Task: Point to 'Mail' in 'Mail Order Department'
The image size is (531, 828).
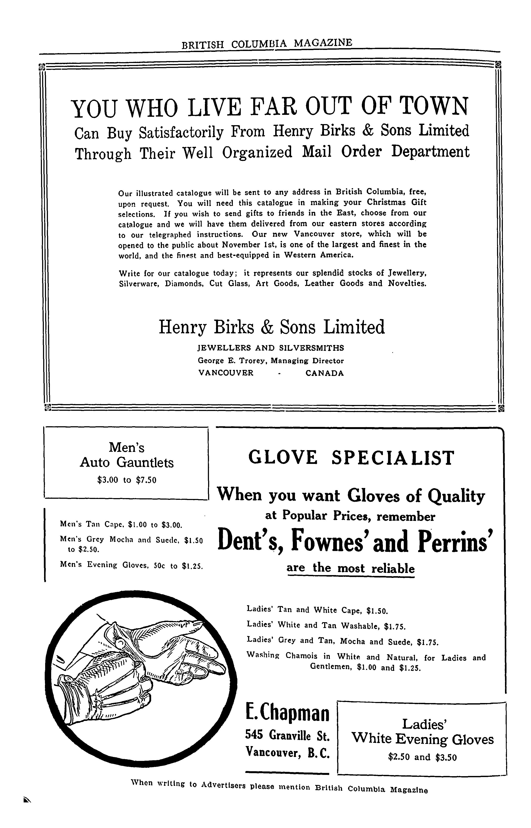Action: (x=316, y=152)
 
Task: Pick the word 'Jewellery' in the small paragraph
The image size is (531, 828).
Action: (x=408, y=273)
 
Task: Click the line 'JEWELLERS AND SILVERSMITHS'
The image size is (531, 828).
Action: (x=271, y=348)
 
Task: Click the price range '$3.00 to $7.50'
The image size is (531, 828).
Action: (x=127, y=480)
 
